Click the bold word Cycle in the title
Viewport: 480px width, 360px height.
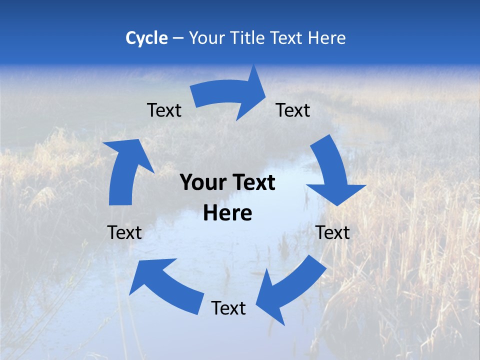[146, 38]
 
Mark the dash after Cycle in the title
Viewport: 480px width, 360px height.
[178, 38]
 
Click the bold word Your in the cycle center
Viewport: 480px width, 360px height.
[203, 182]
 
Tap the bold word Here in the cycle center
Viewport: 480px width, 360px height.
[227, 213]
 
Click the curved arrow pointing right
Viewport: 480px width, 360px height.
[230, 95]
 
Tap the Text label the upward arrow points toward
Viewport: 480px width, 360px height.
[164, 110]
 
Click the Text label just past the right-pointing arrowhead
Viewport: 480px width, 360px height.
[293, 110]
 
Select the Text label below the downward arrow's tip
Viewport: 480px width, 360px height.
[332, 232]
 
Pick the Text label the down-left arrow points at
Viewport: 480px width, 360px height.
[228, 308]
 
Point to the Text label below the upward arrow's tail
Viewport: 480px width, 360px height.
[124, 232]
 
